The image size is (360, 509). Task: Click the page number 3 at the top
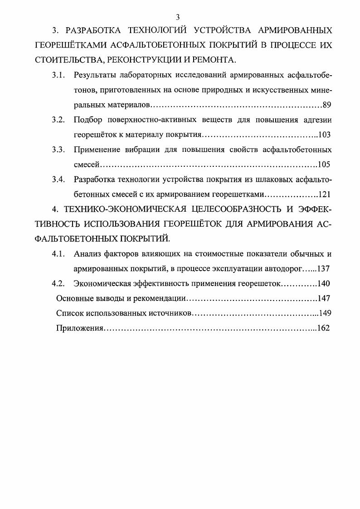click(x=178, y=17)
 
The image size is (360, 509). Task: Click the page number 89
click(x=327, y=105)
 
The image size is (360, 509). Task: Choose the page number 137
click(x=323, y=269)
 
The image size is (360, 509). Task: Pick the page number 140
click(x=324, y=284)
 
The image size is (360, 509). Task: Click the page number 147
click(x=324, y=299)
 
